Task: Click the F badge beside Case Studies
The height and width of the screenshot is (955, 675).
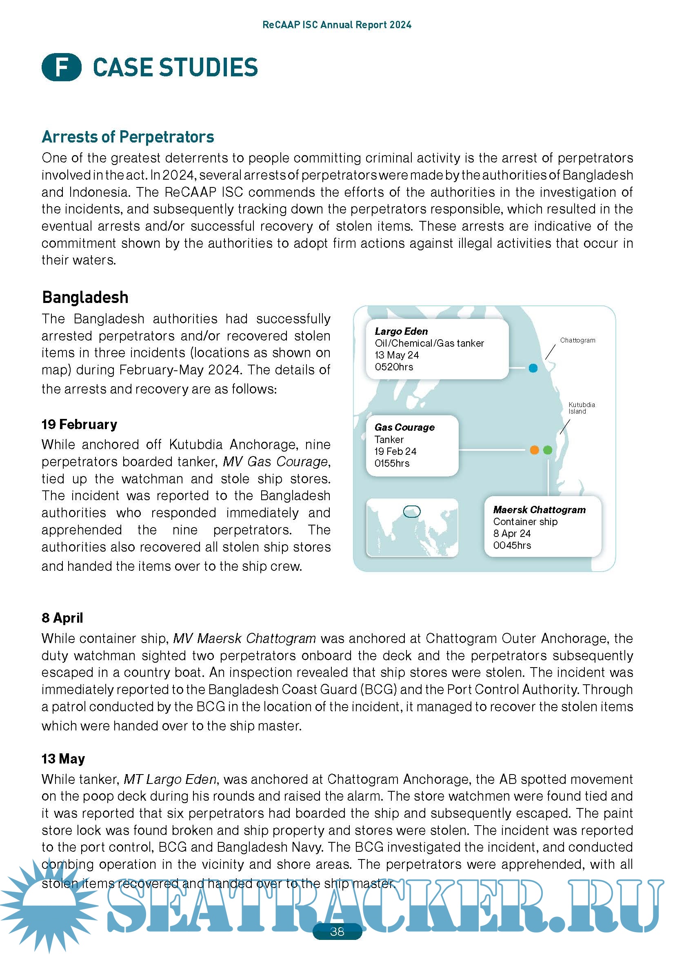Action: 62,67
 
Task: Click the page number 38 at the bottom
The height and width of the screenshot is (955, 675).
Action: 337,931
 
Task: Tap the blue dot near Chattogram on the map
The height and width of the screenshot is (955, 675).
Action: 533,368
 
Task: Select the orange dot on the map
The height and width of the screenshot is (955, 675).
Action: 535,450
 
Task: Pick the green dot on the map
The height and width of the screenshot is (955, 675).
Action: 548,450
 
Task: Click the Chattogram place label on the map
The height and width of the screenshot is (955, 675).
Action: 577,340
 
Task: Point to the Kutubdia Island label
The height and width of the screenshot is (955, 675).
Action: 582,407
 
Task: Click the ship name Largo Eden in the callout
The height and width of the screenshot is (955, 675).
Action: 401,331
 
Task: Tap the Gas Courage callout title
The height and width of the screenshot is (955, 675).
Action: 404,427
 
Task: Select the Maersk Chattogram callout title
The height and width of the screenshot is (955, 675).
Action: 539,510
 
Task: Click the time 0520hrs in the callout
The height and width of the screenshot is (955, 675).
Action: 393,367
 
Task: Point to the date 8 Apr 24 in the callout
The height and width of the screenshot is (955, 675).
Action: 512,533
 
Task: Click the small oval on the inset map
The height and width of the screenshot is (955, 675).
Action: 412,511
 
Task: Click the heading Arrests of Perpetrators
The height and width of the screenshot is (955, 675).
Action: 128,137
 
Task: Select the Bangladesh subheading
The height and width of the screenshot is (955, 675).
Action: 85,297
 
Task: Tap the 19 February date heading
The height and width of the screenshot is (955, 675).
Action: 80,424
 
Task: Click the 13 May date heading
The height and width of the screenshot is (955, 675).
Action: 63,759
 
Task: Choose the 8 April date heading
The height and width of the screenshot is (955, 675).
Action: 62,618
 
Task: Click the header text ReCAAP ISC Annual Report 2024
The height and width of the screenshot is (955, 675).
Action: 337,25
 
